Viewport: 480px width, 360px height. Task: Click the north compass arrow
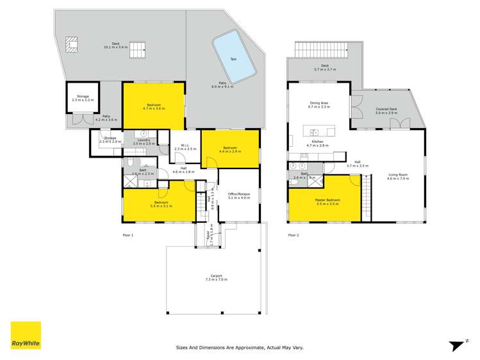(x=456, y=345)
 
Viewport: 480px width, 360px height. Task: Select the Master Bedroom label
(x=327, y=201)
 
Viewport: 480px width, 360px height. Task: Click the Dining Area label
(x=319, y=104)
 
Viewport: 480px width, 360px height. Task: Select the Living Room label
(x=398, y=176)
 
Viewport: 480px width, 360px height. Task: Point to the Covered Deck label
(x=386, y=111)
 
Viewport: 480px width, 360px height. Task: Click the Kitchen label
(x=317, y=143)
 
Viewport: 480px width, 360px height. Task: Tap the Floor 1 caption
(x=128, y=235)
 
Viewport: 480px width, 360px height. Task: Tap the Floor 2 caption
(x=293, y=235)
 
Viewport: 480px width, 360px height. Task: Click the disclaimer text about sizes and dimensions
(x=240, y=348)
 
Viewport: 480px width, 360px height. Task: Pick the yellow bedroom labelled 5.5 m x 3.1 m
(x=158, y=206)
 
